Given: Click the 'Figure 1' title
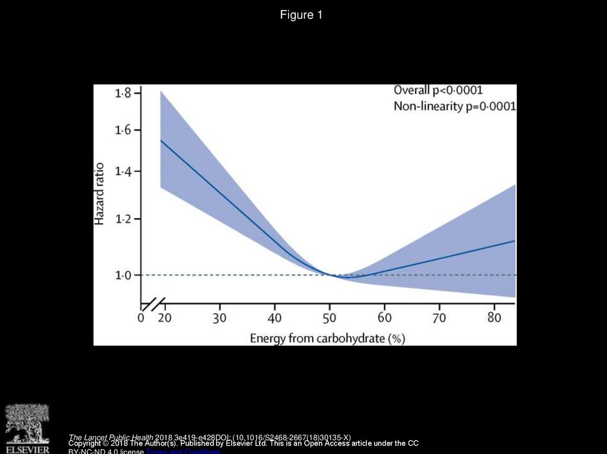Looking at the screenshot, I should [301, 15].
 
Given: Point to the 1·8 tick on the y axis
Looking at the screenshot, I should [123, 93].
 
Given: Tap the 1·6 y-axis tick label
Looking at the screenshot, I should [123, 130].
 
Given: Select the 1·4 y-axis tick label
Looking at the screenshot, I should [123, 172].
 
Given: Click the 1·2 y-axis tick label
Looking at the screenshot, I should [123, 219].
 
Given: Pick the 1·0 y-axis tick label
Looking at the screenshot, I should [123, 275].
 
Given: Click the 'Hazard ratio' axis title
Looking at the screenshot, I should [100, 194].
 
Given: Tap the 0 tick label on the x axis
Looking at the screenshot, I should [141, 318].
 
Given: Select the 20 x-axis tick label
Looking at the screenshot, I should [165, 318].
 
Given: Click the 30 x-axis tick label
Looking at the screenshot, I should [220, 318].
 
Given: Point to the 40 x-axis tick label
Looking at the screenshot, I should [275, 318].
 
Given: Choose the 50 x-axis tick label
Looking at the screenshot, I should [330, 318].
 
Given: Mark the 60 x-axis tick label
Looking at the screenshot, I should [384, 318].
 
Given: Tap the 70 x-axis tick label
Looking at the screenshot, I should [439, 318].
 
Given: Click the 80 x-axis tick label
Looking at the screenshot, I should [494, 318].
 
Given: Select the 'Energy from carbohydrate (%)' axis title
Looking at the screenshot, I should [327, 339].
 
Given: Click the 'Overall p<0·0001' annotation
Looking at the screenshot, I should [439, 91].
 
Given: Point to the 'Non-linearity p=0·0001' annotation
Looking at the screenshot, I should [455, 107].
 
